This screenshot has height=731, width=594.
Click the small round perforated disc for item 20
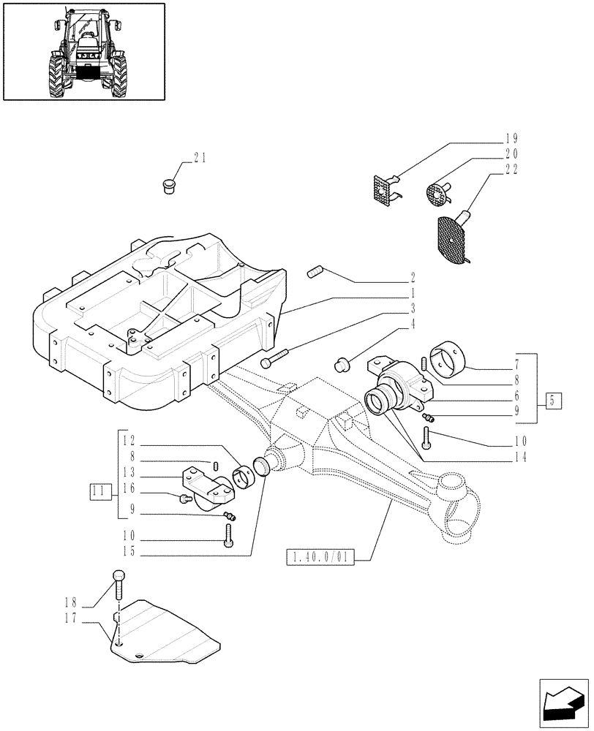[x=438, y=196]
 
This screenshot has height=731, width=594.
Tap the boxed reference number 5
[x=554, y=401]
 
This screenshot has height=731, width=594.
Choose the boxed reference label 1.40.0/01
[x=321, y=558]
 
